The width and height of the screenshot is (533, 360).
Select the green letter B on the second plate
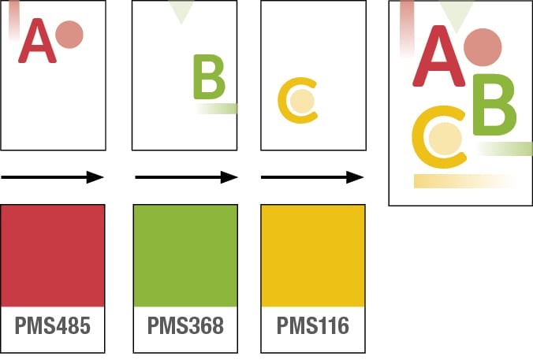[209, 77]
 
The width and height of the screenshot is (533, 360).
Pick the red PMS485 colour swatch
[53, 255]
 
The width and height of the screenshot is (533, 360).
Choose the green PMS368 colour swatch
[185, 255]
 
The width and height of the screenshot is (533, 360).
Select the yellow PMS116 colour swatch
[312, 255]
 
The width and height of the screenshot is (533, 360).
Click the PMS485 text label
[53, 325]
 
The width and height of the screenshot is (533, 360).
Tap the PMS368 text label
[185, 325]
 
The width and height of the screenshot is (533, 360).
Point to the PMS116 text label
[312, 325]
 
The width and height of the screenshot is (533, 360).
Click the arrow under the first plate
[53, 177]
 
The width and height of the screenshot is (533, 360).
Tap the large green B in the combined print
[494, 106]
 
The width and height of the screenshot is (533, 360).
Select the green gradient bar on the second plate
[217, 109]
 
